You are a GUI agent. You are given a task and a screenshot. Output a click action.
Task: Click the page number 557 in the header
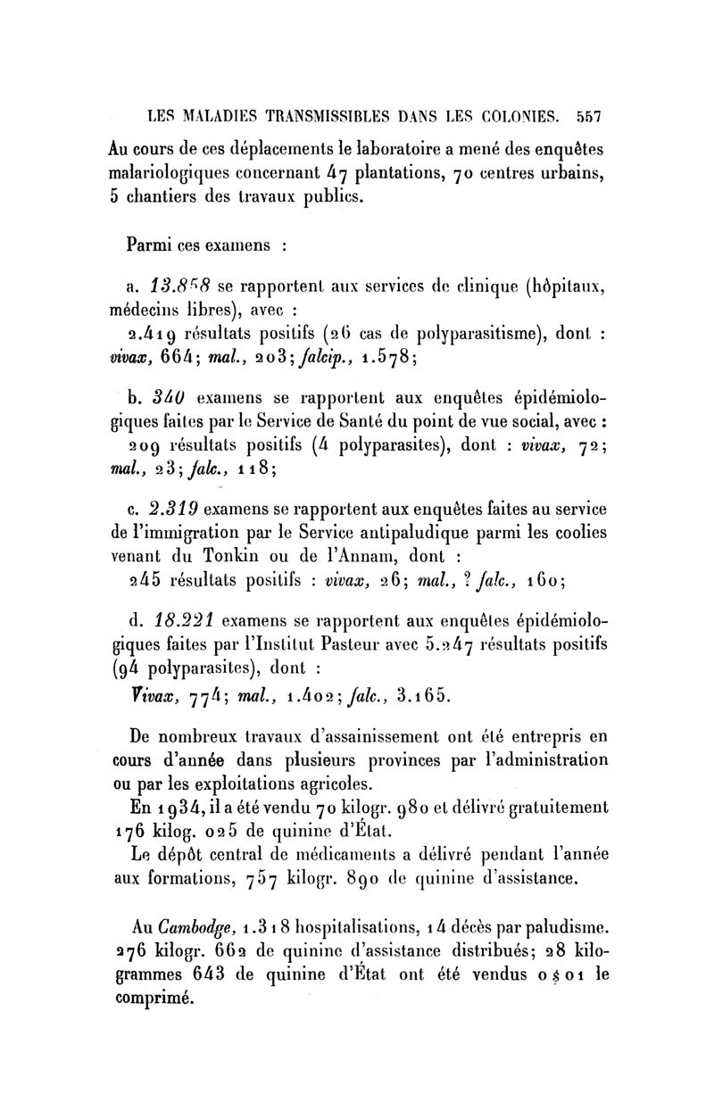pos(592,115)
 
